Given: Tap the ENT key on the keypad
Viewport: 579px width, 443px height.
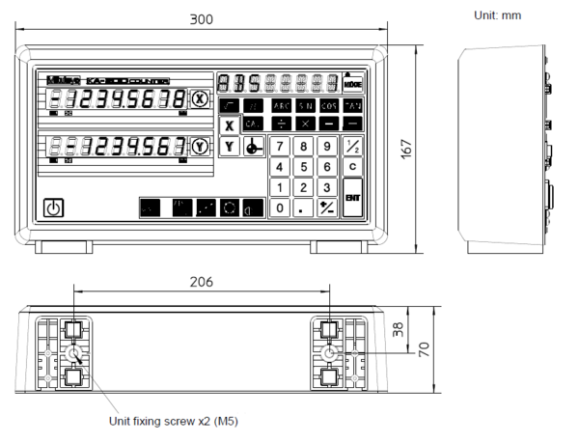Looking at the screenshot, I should click(352, 197).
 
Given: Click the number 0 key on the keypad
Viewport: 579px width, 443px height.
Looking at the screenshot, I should click(279, 208).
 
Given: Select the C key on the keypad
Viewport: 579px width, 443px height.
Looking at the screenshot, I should click(352, 166).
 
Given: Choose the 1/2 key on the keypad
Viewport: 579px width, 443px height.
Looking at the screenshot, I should click(352, 146).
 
